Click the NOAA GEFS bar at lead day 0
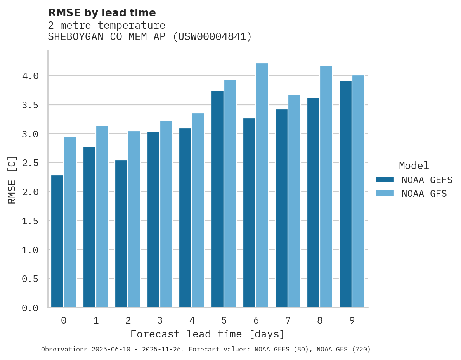point(57,241)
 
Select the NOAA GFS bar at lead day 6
point(262,185)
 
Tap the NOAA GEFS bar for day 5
point(217,199)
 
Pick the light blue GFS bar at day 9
point(358,191)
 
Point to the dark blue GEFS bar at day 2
point(121,234)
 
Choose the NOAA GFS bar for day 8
point(326,187)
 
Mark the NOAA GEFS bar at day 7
point(281,208)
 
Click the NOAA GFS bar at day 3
point(166,214)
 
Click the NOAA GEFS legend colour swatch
point(385,180)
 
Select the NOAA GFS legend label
point(424,194)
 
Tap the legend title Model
point(414,166)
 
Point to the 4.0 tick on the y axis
point(30,76)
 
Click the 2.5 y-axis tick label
point(30,163)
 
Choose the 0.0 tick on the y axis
point(30,308)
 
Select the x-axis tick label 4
point(192,320)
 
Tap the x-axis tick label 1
point(95,320)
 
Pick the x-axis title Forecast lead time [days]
point(208,334)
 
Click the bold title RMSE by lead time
point(102,13)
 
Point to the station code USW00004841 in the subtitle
point(212,37)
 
